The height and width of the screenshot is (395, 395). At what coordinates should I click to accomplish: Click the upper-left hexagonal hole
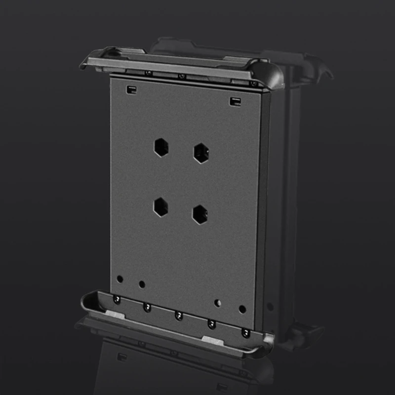coord(160,147)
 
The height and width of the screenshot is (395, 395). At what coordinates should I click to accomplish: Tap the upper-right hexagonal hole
coord(200,153)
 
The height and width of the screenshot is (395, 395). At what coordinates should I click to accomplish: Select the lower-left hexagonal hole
coord(160,207)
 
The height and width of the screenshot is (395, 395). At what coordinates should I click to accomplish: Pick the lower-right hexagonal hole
coord(200,214)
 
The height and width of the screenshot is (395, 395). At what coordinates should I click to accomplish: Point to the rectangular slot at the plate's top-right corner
coord(235,101)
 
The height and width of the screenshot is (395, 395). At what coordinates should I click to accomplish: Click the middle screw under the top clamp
coord(181,77)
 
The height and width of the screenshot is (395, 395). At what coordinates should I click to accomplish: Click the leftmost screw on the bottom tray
coord(117,299)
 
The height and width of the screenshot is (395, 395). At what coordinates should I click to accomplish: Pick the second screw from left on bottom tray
coord(147,307)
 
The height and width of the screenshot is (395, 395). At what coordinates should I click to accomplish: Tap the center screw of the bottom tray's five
coord(179,315)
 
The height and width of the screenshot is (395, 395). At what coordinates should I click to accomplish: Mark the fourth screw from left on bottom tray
coord(212,323)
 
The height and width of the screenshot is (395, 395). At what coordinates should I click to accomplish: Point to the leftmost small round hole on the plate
coord(119,279)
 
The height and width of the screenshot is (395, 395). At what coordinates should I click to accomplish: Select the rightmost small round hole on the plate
coord(242,310)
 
